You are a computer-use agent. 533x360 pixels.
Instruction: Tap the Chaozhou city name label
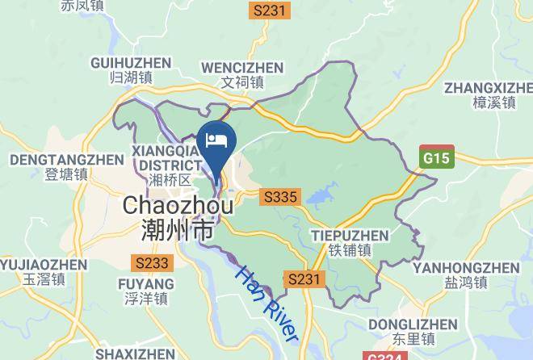(x=178, y=206)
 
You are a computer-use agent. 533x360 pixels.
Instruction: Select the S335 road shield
(x=280, y=197)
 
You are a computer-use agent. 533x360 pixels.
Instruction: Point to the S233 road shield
(x=152, y=263)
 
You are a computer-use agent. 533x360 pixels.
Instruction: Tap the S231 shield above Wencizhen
(x=269, y=10)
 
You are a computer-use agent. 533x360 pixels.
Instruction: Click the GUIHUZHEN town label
(x=131, y=63)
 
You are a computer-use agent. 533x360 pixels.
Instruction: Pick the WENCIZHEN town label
(x=242, y=67)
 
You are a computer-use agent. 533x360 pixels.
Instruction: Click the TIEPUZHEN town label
(x=349, y=236)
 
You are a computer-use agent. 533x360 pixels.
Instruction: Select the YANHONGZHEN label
(x=466, y=267)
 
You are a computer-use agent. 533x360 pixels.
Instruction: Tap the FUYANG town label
(x=146, y=284)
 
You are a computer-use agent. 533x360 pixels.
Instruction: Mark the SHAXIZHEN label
(x=135, y=354)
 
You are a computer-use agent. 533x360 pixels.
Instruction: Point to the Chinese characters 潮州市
(x=178, y=230)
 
